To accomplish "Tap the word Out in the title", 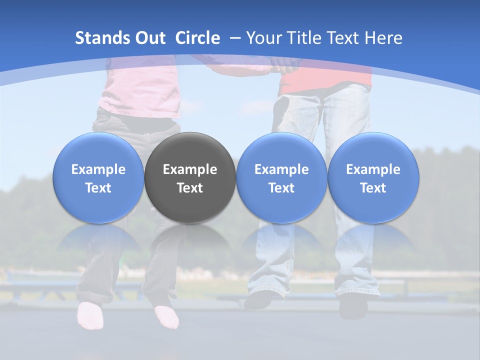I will [x=149, y=38].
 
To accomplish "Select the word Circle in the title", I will [x=197, y=38].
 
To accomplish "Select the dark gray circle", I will [x=190, y=177].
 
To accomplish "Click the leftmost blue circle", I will [x=98, y=177].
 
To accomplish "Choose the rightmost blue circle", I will [x=373, y=177].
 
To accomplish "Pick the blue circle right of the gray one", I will [x=281, y=177].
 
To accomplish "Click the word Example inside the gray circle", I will [x=190, y=169].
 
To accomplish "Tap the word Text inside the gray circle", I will [x=190, y=188].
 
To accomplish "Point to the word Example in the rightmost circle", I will [x=373, y=169].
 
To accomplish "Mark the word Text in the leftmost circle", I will [x=98, y=188].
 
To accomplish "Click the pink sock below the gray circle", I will [x=167, y=317].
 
